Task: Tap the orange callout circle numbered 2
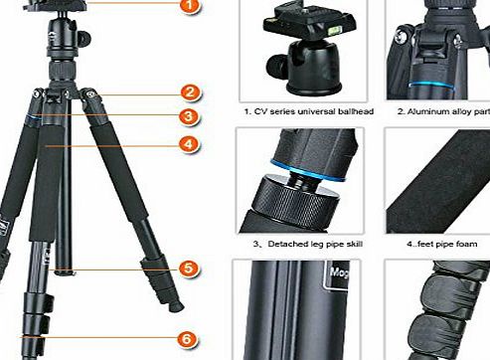[x=186, y=94]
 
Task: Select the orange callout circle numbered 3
[x=186, y=116]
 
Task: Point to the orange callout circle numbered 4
[x=186, y=143]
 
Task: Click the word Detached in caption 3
[x=279, y=243]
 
